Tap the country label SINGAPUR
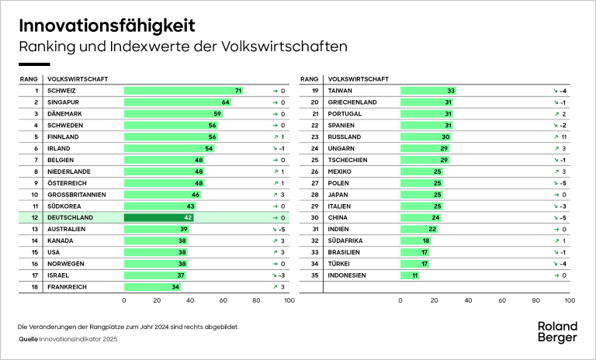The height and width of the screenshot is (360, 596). (65, 102)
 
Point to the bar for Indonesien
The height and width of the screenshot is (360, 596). (410, 275)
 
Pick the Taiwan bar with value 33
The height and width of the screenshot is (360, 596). (428, 91)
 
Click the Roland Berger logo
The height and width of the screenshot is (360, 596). (558, 331)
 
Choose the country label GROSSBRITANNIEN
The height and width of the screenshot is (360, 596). (78, 194)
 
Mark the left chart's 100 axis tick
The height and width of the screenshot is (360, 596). (289, 299)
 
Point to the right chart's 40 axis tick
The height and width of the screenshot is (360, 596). (468, 299)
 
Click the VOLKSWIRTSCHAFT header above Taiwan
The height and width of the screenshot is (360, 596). (359, 79)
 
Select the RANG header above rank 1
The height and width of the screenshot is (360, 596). (28, 79)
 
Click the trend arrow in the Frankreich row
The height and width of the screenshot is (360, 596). (275, 287)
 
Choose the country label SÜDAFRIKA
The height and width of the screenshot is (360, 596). (346, 241)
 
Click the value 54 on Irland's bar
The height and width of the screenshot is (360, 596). (209, 148)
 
